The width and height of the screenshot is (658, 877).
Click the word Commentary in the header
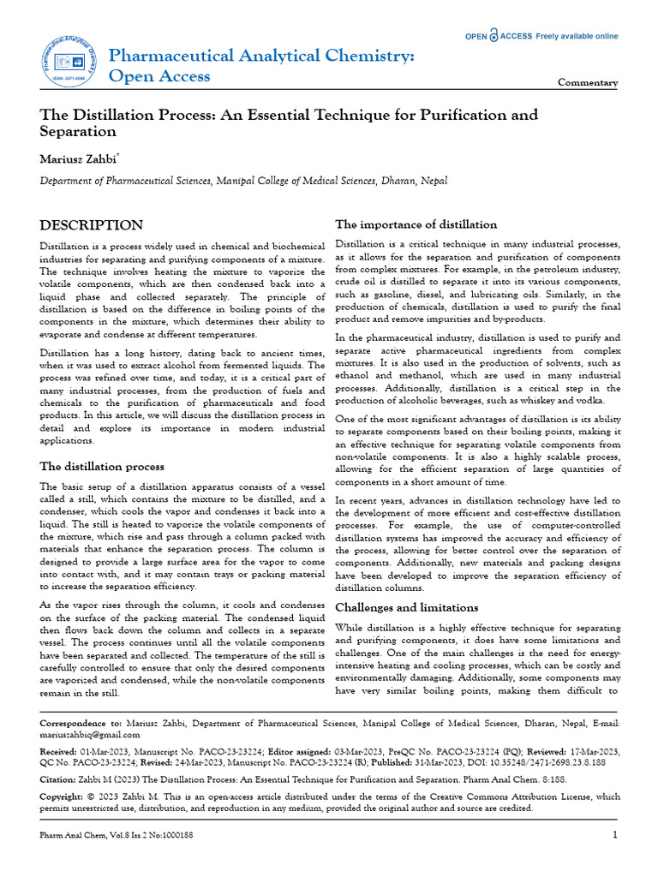click(x=588, y=83)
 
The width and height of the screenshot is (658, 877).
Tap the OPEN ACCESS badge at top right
click(x=541, y=36)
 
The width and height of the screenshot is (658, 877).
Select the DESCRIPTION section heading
click(x=93, y=225)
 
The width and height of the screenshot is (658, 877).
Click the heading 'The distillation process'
click(x=103, y=467)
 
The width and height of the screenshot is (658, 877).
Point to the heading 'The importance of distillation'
click(x=416, y=224)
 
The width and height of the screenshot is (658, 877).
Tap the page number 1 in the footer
click(x=615, y=835)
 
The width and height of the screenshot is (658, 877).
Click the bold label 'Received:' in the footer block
click(x=59, y=750)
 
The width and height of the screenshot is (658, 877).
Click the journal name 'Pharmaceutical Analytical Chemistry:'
click(x=261, y=56)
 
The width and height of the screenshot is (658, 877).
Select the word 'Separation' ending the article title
click(x=78, y=132)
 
